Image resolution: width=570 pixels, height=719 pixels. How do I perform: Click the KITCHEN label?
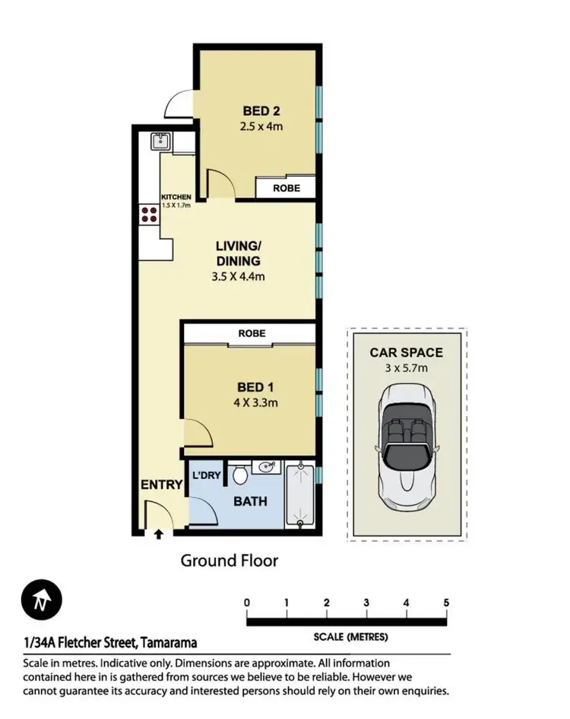[176, 197]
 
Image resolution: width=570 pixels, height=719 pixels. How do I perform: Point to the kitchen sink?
[160, 140]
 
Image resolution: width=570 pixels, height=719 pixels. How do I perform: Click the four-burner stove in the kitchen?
[149, 213]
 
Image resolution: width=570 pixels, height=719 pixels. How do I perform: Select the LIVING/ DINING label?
[238, 253]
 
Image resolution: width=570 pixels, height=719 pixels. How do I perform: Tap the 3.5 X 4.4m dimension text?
[238, 276]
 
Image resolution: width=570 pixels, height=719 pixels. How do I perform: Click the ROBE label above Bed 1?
[252, 333]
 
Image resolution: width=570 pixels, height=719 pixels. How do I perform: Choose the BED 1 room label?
[255, 387]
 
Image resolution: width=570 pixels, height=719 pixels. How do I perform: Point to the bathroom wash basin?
[268, 468]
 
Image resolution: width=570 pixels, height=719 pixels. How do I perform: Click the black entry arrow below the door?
[158, 535]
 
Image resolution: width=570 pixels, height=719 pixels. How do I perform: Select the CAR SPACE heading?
[406, 352]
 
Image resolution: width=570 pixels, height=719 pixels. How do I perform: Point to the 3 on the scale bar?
[366, 603]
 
